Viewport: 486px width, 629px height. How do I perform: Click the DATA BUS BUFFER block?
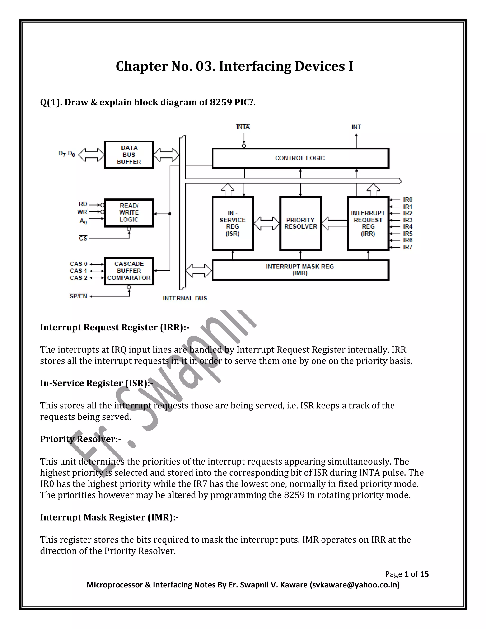pyautogui.click(x=129, y=155)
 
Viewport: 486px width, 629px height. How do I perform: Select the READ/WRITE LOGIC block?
pyautogui.click(x=129, y=213)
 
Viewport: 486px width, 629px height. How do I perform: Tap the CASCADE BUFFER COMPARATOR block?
pyautogui.click(x=129, y=271)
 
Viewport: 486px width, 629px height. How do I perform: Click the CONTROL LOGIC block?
pyautogui.click(x=300, y=158)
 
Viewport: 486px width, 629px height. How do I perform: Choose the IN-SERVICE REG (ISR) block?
pyautogui.click(x=233, y=224)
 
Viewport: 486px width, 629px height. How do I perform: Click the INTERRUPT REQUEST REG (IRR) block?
pyautogui.click(x=368, y=224)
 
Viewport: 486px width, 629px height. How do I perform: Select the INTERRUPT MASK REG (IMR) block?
pyautogui.click(x=300, y=270)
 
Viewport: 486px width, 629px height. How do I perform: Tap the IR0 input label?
pyautogui.click(x=407, y=200)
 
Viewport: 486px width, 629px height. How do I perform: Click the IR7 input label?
pyautogui.click(x=407, y=247)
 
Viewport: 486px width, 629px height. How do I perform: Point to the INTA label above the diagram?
pyautogui.click(x=243, y=127)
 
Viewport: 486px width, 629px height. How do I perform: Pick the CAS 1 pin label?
pyautogui.click(x=78, y=271)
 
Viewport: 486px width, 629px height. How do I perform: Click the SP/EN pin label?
pyautogui.click(x=78, y=296)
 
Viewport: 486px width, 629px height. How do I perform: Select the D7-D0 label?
pyautogui.click(x=67, y=154)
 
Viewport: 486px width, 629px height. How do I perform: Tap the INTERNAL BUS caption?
pyautogui.click(x=185, y=298)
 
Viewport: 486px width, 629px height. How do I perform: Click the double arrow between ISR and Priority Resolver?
pyautogui.click(x=266, y=224)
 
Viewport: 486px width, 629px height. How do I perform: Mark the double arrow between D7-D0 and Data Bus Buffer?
pyautogui.click(x=92, y=155)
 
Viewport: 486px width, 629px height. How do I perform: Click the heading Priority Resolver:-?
pyautogui.click(x=80, y=439)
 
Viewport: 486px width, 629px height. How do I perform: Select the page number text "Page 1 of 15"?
pyautogui.click(x=407, y=574)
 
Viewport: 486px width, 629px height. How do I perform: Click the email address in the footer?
pyautogui.click(x=355, y=585)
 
